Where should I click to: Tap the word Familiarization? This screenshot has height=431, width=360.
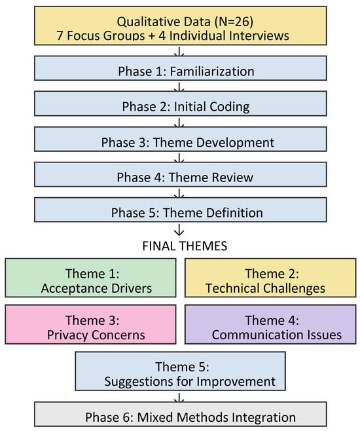point(212,71)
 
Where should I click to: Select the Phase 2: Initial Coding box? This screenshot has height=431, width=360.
point(181,103)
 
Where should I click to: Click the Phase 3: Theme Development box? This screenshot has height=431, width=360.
point(181,139)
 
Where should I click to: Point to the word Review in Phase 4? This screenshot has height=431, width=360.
point(231,178)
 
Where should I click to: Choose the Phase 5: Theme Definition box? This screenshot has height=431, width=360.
point(181,210)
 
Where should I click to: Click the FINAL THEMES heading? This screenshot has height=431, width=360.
point(185,246)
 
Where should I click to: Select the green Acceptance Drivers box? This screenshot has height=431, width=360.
point(90,278)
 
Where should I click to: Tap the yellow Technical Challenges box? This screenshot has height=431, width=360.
point(270,278)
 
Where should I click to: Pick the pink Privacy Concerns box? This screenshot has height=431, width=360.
point(90,324)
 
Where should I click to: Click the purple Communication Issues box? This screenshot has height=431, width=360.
point(270,324)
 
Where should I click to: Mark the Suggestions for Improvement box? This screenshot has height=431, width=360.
point(181,371)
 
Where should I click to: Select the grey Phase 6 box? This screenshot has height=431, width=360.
point(181,414)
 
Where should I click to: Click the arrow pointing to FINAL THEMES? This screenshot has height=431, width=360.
point(179,230)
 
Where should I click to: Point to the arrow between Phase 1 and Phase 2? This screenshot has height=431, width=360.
point(179,87)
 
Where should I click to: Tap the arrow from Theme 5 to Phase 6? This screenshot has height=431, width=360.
point(179,398)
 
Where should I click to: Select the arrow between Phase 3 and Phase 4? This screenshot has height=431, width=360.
point(179,158)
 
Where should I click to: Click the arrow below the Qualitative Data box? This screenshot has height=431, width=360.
point(179,52)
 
